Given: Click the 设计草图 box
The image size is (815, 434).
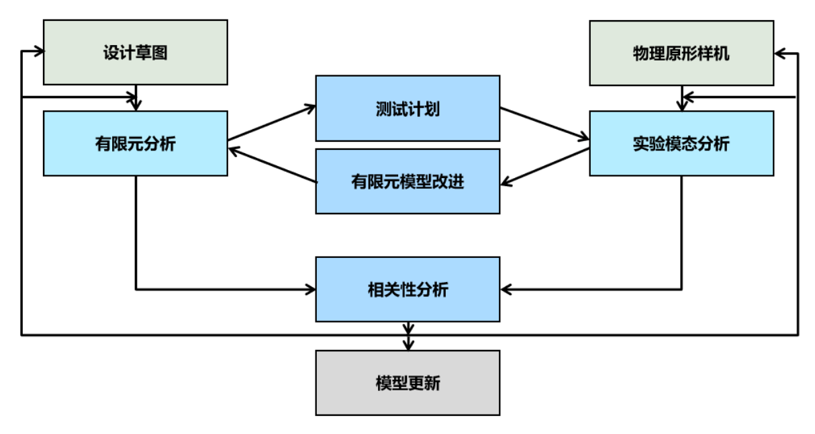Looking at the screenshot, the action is pos(136,52).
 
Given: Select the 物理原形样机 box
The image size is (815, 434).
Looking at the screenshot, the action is pos(681,53).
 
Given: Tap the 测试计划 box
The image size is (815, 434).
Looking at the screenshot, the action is pos(407,108).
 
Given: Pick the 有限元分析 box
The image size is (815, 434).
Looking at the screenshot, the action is pos(136,144).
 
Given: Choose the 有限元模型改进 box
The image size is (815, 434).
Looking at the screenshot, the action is pos(407,181).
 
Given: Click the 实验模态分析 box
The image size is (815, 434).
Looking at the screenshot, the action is pos(681,144).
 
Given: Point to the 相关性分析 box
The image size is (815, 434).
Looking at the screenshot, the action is pos(407,290).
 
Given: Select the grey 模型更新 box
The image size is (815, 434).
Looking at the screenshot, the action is pos(407,383).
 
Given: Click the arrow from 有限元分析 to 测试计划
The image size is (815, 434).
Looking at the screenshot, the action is pos(271,123).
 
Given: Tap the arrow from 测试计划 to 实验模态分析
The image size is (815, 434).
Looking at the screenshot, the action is pos(544,123).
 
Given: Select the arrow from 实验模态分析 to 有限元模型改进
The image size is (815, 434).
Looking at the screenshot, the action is pos(544,167).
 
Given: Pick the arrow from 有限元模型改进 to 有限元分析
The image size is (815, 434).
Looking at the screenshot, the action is pos(272,165).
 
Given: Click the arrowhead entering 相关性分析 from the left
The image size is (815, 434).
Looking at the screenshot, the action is pos(310,290).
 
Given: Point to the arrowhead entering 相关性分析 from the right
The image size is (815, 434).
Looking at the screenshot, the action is pos(506,290).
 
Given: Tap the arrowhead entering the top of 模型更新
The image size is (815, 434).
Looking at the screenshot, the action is pos(408,345).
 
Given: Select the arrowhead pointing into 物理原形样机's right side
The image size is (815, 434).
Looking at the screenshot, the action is pos(779,54).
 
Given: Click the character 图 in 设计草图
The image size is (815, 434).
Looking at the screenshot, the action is pos(159,52).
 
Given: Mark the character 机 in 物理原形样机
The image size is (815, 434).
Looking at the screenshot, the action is pos(722,54).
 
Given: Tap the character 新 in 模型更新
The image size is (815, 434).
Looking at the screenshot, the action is pos(432,383).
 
